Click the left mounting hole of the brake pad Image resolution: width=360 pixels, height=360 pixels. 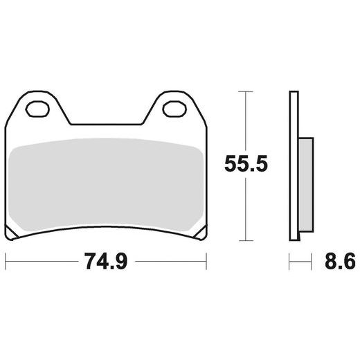(37, 109)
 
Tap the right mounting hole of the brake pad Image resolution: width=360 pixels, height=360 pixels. (174, 109)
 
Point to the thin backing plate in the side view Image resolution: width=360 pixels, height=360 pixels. (294, 166)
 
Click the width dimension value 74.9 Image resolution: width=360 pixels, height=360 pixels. (105, 263)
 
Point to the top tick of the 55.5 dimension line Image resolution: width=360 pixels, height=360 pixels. (243, 91)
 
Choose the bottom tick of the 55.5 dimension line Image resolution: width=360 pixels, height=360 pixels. (243, 241)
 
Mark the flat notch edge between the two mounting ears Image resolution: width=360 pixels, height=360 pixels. (105, 125)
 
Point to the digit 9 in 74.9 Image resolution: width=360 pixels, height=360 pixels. (122, 263)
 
